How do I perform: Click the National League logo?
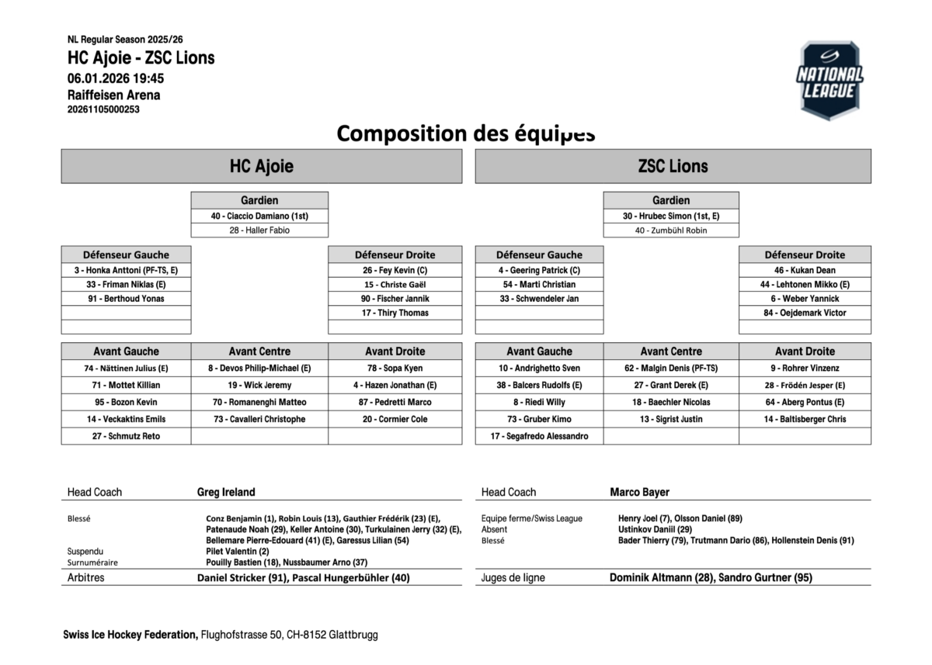(829, 81)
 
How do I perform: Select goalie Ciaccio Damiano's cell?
(259, 216)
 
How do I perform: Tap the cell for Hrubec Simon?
(671, 216)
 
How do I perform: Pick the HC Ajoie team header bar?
(262, 166)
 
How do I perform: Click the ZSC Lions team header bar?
(673, 166)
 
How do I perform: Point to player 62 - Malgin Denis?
(671, 369)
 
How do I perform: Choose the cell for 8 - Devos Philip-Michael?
(259, 369)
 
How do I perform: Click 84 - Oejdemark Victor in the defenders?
(805, 313)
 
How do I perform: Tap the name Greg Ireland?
(226, 492)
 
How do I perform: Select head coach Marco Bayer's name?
(639, 492)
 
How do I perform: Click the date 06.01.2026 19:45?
(116, 78)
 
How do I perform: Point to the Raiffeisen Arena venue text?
(114, 95)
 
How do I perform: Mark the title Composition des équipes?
(466, 133)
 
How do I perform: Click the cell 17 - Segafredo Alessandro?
(539, 436)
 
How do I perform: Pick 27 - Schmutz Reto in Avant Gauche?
(126, 436)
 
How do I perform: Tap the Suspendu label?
(85, 551)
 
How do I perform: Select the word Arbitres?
(85, 577)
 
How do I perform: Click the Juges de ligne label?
(513, 577)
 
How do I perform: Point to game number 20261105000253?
(103, 109)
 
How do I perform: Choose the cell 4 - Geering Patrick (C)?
(539, 271)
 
